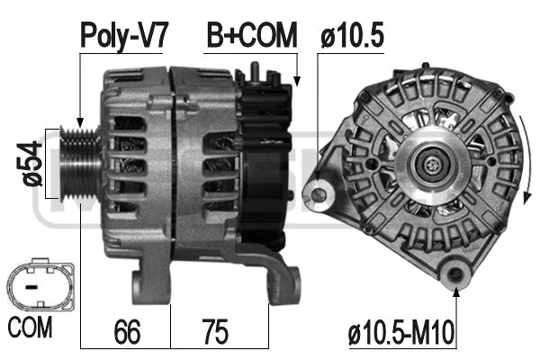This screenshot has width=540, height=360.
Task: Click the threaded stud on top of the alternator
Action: tap(257, 70)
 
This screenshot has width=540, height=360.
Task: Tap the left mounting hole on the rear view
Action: tap(316, 192)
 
